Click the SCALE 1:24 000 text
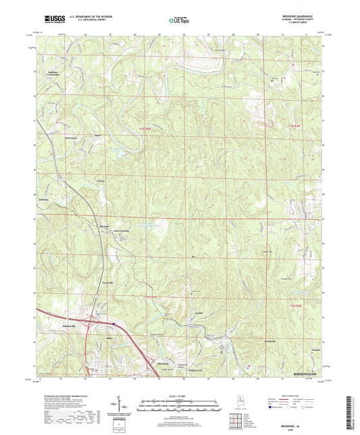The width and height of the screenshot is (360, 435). click(x=180, y=396)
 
